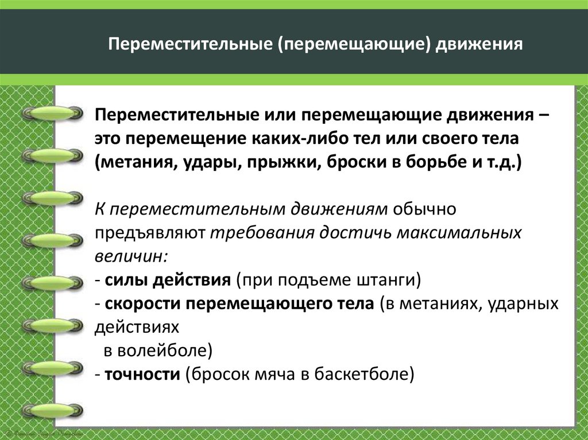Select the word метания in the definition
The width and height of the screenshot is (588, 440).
click(x=135, y=162)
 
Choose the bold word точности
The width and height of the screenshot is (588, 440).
click(x=143, y=375)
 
